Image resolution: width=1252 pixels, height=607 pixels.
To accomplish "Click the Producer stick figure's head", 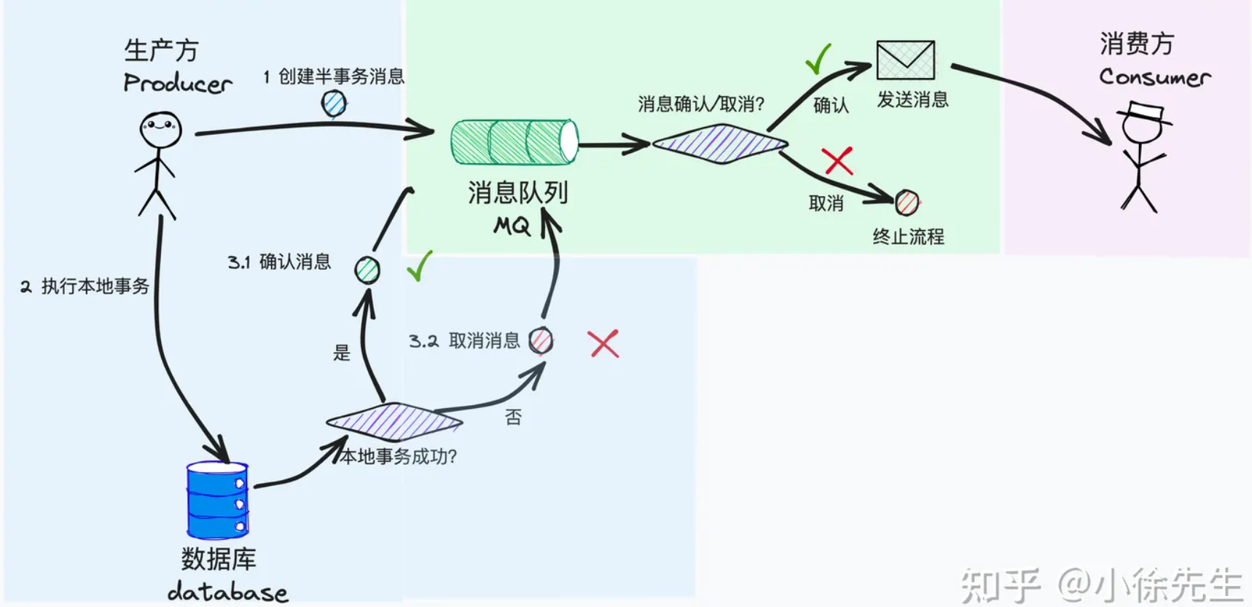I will click(160, 130).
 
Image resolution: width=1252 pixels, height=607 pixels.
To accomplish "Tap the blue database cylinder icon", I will click(218, 500).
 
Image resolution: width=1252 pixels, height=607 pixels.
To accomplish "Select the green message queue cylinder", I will click(514, 142).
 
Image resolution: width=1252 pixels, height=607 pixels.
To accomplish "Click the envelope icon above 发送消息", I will click(905, 60).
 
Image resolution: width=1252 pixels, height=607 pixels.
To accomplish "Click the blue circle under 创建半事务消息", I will click(334, 103).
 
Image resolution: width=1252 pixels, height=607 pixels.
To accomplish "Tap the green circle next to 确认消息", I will click(367, 270).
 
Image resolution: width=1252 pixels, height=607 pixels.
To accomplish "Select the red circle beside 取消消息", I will click(541, 340).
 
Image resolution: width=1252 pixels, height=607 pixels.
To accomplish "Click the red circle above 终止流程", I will click(907, 203).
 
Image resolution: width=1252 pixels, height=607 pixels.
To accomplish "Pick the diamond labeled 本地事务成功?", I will click(394, 421).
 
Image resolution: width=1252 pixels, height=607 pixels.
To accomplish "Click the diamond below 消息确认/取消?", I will click(720, 144).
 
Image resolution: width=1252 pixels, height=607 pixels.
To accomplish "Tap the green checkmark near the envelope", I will click(818, 59).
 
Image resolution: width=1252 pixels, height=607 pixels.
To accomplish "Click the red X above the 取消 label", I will click(837, 161).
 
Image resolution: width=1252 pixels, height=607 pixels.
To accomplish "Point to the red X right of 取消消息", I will click(603, 344).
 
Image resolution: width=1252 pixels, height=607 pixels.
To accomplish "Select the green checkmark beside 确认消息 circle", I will click(420, 267).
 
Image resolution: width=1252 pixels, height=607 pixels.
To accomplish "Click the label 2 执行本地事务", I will click(85, 286).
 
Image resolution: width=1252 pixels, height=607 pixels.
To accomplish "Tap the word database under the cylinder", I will click(227, 591).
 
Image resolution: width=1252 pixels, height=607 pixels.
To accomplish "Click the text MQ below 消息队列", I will click(512, 226).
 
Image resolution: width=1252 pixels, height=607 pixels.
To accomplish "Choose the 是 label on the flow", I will click(342, 353).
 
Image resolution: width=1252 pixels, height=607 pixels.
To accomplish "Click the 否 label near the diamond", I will click(513, 417).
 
